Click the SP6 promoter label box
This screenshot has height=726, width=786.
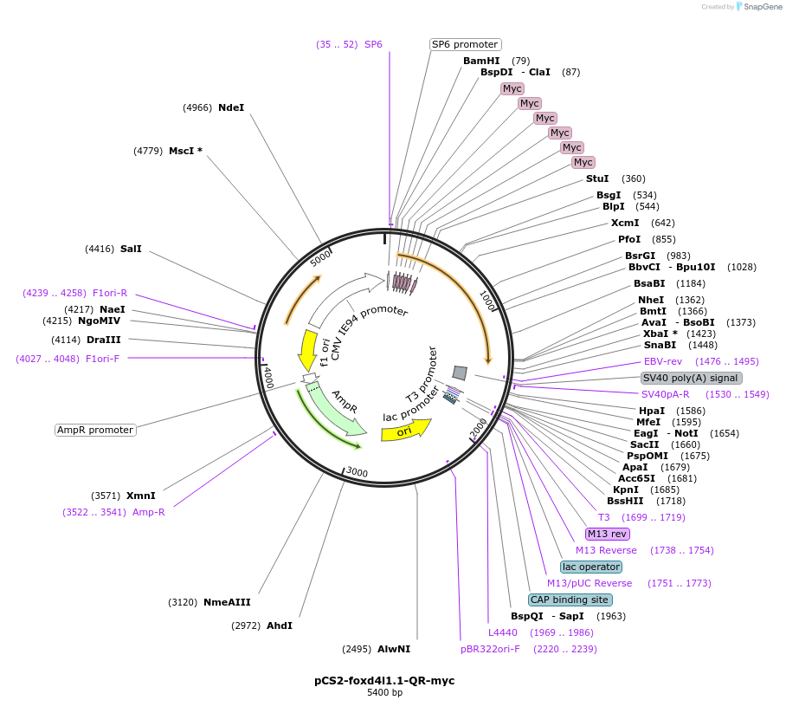pyautogui.click(x=466, y=44)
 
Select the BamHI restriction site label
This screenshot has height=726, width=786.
pyautogui.click(x=481, y=61)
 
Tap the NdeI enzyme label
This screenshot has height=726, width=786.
pyautogui.click(x=231, y=107)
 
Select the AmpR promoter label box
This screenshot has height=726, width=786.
pyautogui.click(x=95, y=430)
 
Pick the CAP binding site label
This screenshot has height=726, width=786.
pyautogui.click(x=570, y=600)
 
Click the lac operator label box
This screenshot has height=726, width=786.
pyautogui.click(x=591, y=567)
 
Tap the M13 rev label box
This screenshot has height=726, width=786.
pyautogui.click(x=607, y=534)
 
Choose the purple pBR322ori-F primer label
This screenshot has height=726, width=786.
pyautogui.click(x=490, y=649)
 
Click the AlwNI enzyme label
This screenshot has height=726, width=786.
pyautogui.click(x=394, y=649)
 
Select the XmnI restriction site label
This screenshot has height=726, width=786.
pyautogui.click(x=141, y=496)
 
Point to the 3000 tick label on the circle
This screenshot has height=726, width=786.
pyautogui.click(x=357, y=473)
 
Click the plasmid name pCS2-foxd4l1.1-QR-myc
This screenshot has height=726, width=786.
pyautogui.click(x=384, y=681)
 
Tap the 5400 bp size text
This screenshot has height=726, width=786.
pyautogui.click(x=384, y=693)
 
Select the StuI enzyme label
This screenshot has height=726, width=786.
pyautogui.click(x=597, y=178)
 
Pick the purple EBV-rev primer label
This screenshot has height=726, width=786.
pyautogui.click(x=663, y=361)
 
